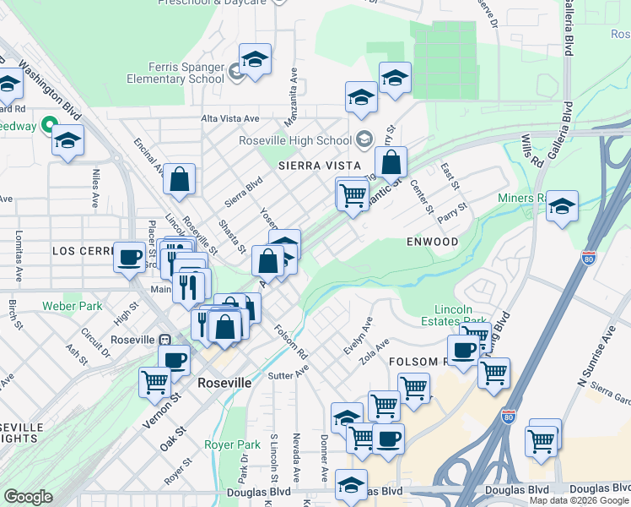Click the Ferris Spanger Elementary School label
(175, 73)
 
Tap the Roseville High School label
(294, 140)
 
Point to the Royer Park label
(232, 444)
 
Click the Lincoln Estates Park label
(461, 315)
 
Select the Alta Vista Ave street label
(229, 119)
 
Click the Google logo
(28, 497)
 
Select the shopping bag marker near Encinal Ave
(180, 178)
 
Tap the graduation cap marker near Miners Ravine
(562, 206)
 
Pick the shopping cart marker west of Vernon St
(155, 382)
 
